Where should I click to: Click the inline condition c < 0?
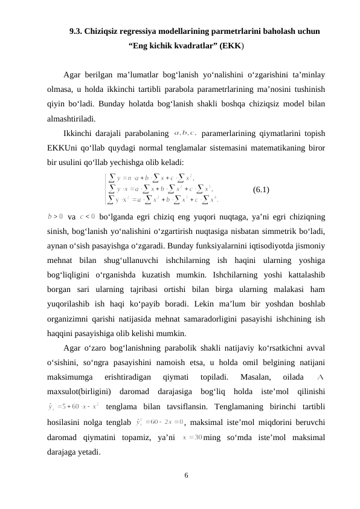click(88, 215)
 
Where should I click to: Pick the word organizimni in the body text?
click(70, 319)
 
